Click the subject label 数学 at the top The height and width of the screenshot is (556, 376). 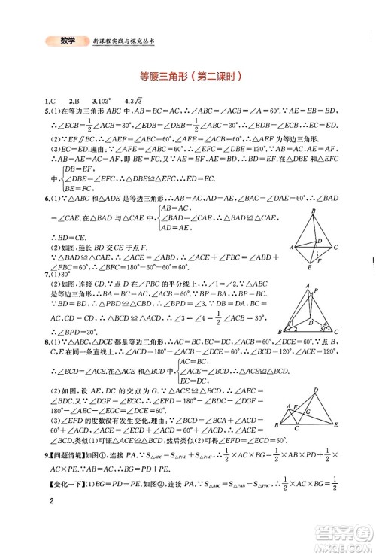coord(67,41)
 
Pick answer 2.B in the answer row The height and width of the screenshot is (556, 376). coord(74,101)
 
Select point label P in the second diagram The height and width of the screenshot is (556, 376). coord(316,290)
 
